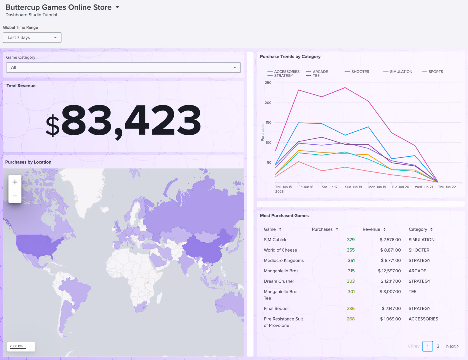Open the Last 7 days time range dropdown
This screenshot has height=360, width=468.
(x=32, y=38)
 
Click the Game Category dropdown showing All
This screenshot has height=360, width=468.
(x=123, y=67)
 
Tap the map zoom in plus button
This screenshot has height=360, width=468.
(x=15, y=182)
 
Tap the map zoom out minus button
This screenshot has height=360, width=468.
(x=15, y=196)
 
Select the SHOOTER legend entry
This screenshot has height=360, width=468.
(x=360, y=72)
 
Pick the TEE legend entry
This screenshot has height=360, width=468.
(x=316, y=76)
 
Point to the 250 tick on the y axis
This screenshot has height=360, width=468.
(x=268, y=83)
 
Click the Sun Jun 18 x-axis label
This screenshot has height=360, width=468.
(x=353, y=187)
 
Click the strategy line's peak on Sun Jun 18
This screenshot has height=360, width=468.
(x=345, y=88)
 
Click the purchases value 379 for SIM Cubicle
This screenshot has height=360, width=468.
(x=350, y=240)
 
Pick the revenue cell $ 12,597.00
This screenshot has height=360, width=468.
(x=389, y=271)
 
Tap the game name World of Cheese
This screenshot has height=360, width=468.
(x=280, y=250)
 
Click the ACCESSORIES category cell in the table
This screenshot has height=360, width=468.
(x=423, y=319)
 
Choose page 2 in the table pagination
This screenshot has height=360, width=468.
(x=438, y=346)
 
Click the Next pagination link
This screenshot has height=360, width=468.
(x=452, y=346)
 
